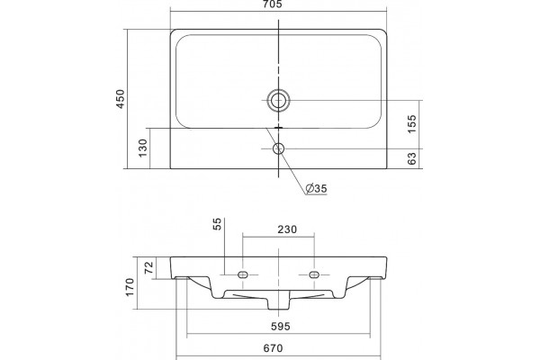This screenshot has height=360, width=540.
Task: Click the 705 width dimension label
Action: [x=272, y=4]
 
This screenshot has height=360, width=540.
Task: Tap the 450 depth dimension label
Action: [x=121, y=99]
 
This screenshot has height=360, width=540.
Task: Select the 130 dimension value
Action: [x=142, y=148]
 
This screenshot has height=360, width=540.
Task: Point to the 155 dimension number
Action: [x=412, y=124]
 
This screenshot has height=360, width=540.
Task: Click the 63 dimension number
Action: [x=412, y=158]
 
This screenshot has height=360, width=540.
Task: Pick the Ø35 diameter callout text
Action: [x=316, y=188]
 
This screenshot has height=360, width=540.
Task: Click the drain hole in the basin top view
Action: [x=278, y=101]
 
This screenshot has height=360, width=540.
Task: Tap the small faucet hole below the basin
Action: [x=278, y=148]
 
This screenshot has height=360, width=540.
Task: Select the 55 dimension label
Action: [x=218, y=224]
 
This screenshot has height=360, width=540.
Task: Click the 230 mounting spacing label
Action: [x=287, y=229]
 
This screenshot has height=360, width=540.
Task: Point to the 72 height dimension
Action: [x=148, y=267]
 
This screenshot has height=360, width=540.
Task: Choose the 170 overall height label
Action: [x=130, y=287]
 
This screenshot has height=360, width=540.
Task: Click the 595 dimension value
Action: [x=280, y=326]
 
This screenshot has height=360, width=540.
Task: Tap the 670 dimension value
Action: [x=273, y=348]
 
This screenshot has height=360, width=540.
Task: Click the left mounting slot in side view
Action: [x=243, y=274]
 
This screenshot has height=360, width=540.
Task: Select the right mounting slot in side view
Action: [x=314, y=274]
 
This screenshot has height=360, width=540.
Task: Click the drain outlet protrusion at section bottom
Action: [x=279, y=303]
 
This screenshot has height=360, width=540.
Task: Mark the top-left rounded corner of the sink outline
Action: [x=172, y=31]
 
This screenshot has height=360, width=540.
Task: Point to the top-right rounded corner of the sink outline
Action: [x=384, y=31]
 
